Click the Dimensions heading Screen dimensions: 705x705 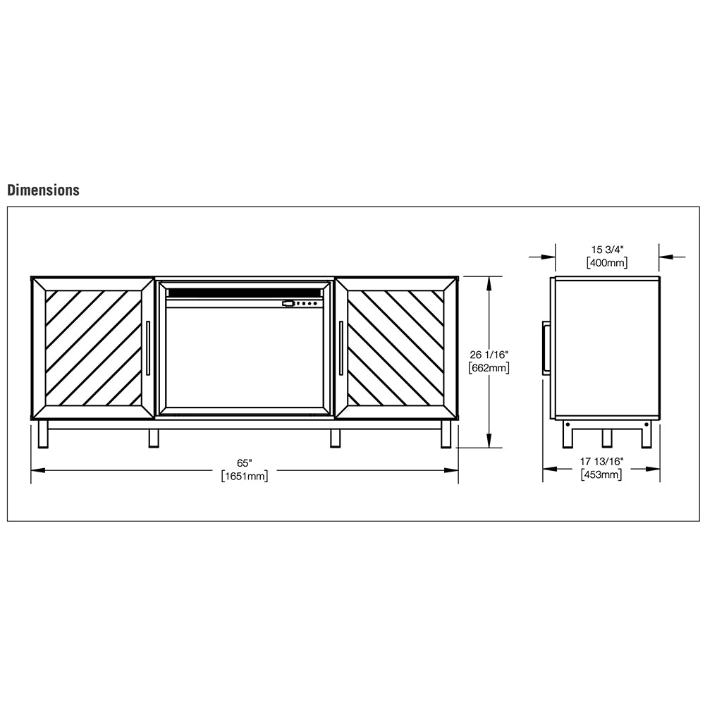click(43, 190)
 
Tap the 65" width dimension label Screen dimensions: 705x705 click(244, 463)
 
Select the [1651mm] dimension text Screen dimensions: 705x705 click(244, 477)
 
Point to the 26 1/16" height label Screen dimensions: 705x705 click(489, 355)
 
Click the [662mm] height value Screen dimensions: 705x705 click(489, 367)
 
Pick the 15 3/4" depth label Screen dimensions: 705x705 click(607, 250)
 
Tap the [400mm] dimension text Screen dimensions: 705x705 click(607, 263)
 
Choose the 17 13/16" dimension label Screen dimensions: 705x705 click(601, 462)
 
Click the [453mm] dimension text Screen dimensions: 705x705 click(601, 474)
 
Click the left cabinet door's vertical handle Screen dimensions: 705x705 click(148, 348)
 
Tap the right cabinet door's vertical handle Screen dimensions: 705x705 click(341, 348)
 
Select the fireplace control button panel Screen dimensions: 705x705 click(302, 304)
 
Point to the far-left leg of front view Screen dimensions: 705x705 click(43, 434)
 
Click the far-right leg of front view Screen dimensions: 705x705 click(446, 434)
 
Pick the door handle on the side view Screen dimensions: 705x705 click(545, 348)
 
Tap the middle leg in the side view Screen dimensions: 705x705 click(606, 437)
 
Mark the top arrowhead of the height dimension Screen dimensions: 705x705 click(489, 281)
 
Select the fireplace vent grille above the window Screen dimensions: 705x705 click(244, 292)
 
